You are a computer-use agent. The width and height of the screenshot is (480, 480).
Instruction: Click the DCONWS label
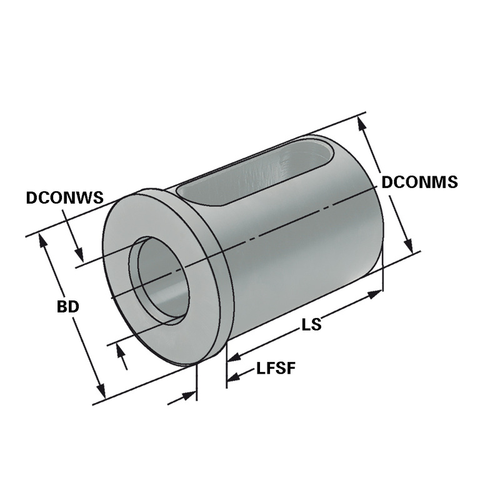[x=65, y=197]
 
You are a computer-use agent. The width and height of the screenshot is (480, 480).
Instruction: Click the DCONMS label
[x=420, y=182]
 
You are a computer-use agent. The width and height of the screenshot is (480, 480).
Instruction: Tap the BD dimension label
[x=68, y=307]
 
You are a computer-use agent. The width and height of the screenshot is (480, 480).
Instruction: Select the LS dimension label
[x=312, y=324]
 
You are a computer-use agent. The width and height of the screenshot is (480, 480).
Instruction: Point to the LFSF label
[x=276, y=368]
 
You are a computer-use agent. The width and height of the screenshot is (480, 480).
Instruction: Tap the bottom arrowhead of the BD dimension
[x=101, y=391]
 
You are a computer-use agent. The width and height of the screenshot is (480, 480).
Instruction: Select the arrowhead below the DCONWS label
[x=79, y=254]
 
